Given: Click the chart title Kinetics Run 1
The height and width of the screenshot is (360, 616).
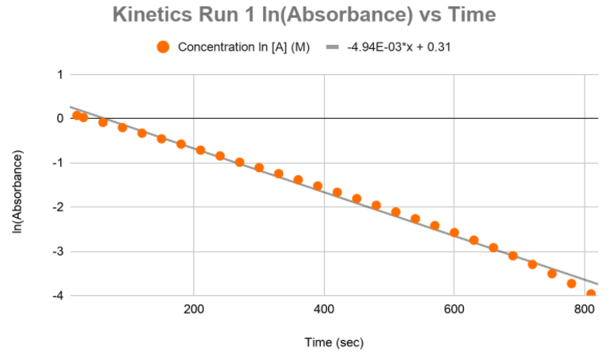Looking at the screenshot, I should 304,15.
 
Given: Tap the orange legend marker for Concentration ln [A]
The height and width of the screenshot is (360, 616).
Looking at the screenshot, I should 163,47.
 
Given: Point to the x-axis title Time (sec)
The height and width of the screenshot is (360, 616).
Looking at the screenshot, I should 334,343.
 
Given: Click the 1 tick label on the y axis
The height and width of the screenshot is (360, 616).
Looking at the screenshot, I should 60,75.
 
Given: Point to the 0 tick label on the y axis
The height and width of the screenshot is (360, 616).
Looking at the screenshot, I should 60,119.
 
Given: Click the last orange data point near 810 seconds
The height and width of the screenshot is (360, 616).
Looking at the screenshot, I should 591,294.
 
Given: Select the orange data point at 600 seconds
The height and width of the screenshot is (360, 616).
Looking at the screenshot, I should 454,232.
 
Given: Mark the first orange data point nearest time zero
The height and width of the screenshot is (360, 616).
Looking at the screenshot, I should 77,116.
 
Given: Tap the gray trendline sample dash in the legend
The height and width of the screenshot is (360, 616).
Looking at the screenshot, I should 331,47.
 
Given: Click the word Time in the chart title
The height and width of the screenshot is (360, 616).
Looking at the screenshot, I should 467,15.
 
